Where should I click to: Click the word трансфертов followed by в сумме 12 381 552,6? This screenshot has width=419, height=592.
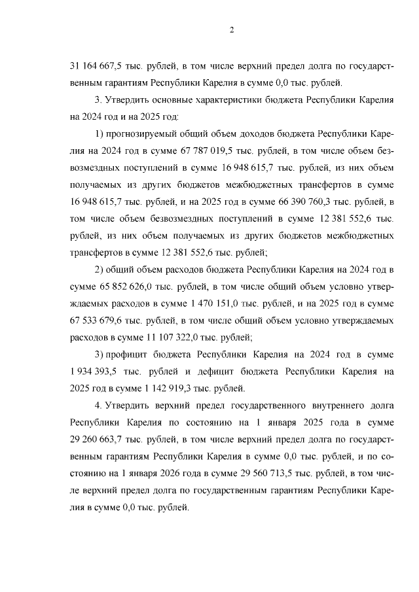[x=97, y=252]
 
